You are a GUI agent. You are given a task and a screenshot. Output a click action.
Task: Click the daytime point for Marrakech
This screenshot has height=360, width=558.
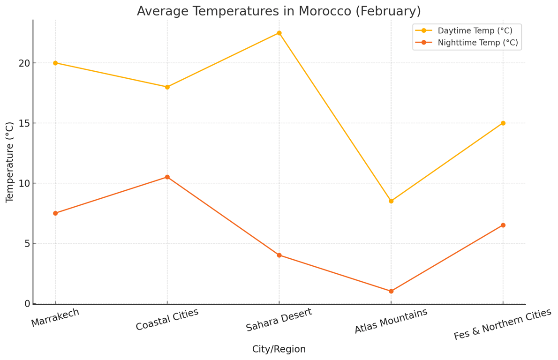click(55, 63)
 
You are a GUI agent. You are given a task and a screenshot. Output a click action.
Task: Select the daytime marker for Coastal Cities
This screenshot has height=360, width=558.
click(167, 87)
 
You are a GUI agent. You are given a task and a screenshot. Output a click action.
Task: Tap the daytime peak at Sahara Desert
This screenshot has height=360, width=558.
click(279, 33)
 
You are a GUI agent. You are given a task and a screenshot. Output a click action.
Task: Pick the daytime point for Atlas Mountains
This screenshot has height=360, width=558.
click(391, 201)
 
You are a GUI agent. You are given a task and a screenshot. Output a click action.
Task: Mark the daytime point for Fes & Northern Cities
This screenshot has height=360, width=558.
click(503, 123)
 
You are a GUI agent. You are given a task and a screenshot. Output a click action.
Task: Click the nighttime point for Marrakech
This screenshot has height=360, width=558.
click(55, 213)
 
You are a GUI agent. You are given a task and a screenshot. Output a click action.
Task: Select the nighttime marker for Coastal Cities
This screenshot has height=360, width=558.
click(167, 177)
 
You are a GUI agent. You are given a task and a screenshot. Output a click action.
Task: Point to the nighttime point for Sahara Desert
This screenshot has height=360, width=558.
click(279, 255)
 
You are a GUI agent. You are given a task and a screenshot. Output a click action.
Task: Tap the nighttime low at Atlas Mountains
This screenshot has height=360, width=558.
click(391, 291)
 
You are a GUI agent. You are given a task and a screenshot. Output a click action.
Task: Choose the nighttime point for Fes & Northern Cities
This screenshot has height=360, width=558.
click(503, 225)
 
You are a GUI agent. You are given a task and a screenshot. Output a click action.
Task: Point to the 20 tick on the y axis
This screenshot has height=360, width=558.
click(24, 63)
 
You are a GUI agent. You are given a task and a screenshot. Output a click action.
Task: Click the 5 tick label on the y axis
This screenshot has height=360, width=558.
click(27, 243)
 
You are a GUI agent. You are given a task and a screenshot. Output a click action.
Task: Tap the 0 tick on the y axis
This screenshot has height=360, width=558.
click(27, 304)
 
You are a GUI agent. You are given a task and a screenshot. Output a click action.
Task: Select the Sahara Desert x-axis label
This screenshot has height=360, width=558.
click(279, 320)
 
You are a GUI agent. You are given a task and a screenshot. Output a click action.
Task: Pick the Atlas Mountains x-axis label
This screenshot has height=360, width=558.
click(391, 321)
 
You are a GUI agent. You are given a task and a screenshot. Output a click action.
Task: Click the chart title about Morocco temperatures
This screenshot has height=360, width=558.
click(279, 11)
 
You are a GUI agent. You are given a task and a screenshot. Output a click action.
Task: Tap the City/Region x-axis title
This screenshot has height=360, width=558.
click(279, 349)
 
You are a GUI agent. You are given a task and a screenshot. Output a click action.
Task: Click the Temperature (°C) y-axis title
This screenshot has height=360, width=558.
click(10, 162)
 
